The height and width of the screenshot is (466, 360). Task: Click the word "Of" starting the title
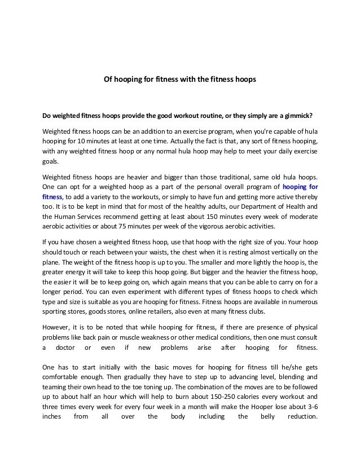pyautogui.click(x=108, y=80)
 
